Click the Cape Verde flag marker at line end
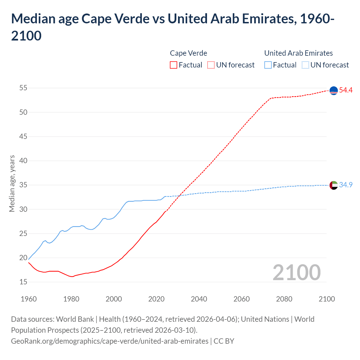[334, 91]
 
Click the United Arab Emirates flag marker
[334, 185]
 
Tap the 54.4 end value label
[346, 90]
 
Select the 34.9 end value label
[346, 185]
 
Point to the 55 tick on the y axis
[23, 88]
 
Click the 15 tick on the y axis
[23, 282]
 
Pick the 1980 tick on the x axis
[71, 299]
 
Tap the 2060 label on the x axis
[242, 299]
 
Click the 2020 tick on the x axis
[156, 299]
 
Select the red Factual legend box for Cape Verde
[174, 65]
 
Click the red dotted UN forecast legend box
[211, 65]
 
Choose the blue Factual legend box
[268, 65]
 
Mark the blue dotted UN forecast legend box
[305, 65]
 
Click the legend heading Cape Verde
[188, 53]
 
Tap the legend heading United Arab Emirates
[298, 53]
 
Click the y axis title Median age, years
[12, 183]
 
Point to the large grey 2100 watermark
[296, 273]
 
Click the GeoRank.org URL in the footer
[110, 341]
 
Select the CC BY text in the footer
[224, 341]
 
